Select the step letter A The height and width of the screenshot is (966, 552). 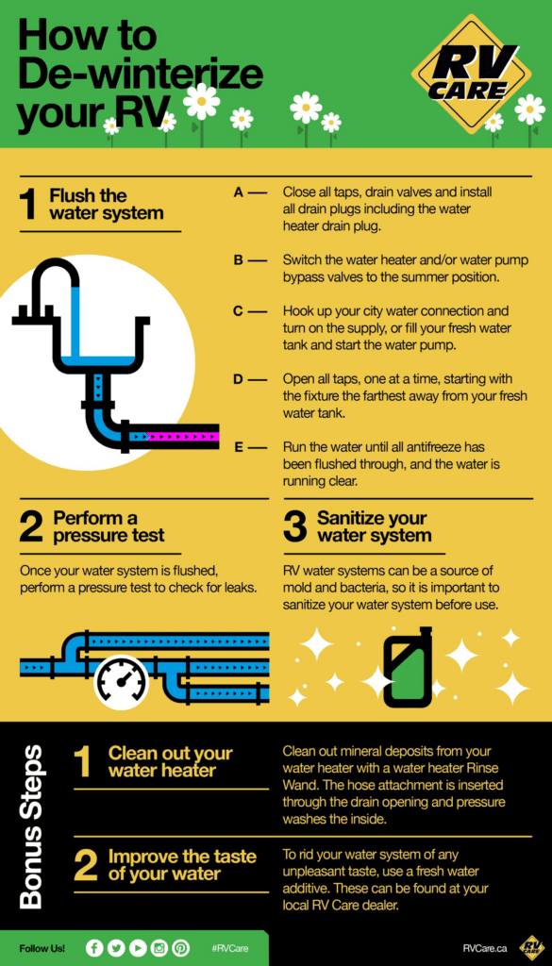pyautogui.click(x=239, y=192)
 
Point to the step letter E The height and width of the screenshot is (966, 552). pyautogui.click(x=239, y=446)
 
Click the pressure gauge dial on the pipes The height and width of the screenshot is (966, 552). pyautogui.click(x=121, y=683)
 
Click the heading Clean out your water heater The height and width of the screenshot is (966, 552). pyautogui.click(x=171, y=761)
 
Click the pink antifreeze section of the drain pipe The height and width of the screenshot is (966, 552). pyautogui.click(x=185, y=437)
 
